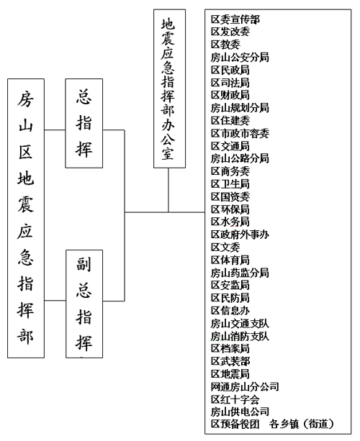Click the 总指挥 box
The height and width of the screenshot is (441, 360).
pyautogui.click(x=84, y=123)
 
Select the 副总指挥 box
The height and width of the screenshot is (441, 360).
pyautogui.click(x=84, y=304)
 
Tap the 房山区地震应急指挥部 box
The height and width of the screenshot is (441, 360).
pyautogui.click(x=26, y=218)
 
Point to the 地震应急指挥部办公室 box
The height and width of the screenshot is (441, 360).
pyautogui.click(x=169, y=88)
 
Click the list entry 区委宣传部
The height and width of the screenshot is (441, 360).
pyautogui.click(x=235, y=19)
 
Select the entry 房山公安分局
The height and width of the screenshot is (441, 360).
pyautogui.click(x=240, y=58)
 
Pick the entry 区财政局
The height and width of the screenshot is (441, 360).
pyautogui.click(x=230, y=95)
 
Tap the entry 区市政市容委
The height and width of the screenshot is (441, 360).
pyautogui.click(x=240, y=133)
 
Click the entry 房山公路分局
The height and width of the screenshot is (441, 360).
pyautogui.click(x=240, y=158)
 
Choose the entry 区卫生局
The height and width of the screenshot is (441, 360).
pyautogui.click(x=230, y=184)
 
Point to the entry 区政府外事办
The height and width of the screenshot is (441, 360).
pyautogui.click(x=240, y=235)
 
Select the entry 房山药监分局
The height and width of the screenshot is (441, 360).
pyautogui.click(x=240, y=273)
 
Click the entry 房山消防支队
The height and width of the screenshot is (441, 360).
pyautogui.click(x=240, y=336)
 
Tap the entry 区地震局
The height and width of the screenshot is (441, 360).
pyautogui.click(x=230, y=374)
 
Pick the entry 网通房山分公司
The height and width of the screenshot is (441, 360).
pyautogui.click(x=245, y=387)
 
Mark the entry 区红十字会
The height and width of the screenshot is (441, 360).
pyautogui.click(x=235, y=399)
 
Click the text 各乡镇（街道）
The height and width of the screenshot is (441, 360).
pyautogui.click(x=302, y=424)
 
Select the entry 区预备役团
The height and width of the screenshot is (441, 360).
pyautogui.click(x=235, y=424)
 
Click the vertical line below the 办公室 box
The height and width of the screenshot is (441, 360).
pyautogui.click(x=168, y=190)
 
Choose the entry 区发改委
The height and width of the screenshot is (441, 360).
pyautogui.click(x=230, y=32)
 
